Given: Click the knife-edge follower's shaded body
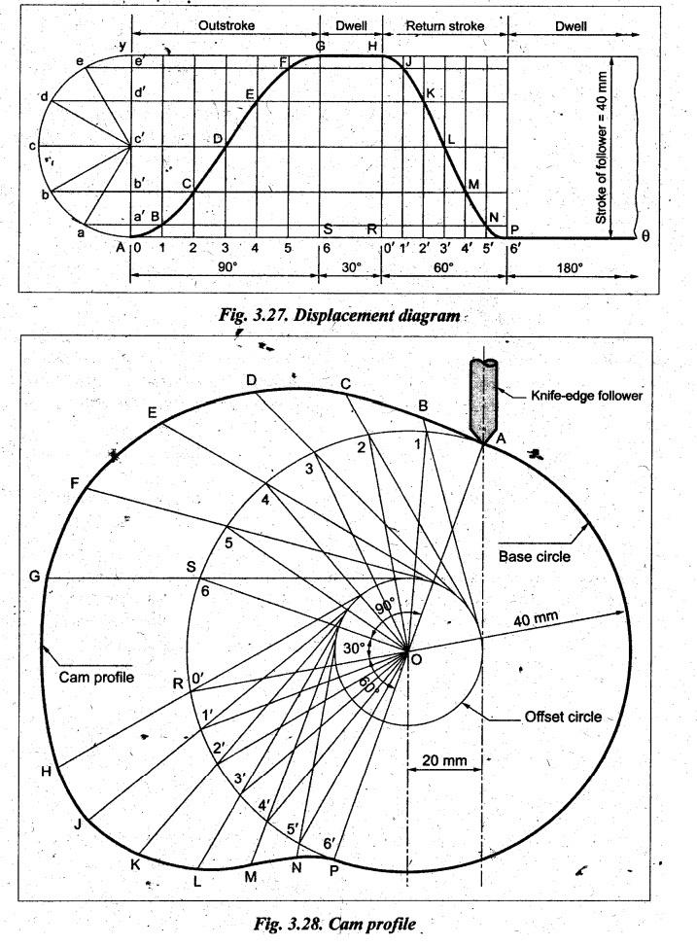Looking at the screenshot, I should coord(483,399).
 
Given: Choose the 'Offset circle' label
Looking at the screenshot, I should coord(563,718).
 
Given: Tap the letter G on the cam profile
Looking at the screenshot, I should coord(36,577).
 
